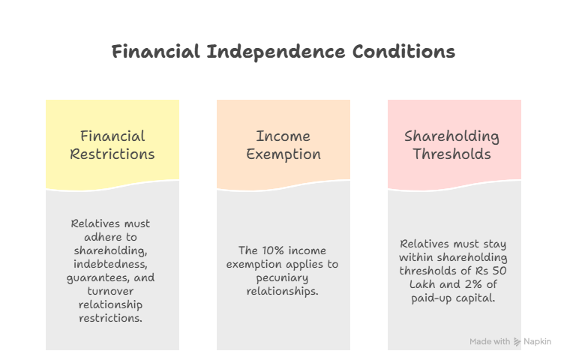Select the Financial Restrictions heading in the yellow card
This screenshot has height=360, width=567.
(112, 145)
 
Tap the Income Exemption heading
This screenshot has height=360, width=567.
(283, 145)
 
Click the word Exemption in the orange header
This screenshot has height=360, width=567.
(283, 154)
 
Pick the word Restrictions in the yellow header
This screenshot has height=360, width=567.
(112, 154)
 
